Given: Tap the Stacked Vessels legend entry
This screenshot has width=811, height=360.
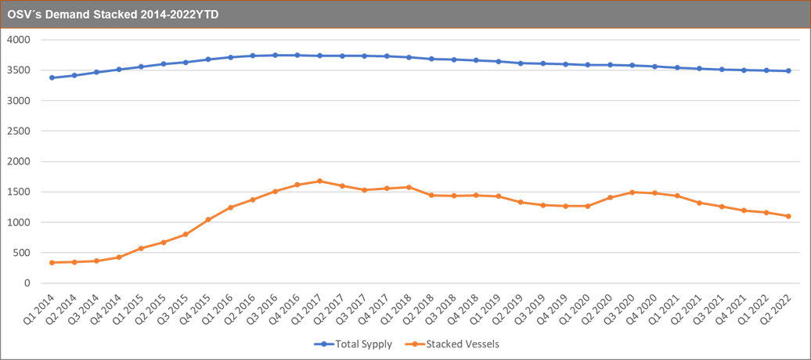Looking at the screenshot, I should click(x=469, y=344).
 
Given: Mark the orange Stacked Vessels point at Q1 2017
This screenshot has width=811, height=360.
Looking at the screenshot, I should click(x=319, y=181).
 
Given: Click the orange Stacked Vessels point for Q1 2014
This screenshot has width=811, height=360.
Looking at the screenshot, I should click(x=52, y=262).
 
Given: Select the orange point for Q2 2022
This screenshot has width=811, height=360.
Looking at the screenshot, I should click(x=788, y=216).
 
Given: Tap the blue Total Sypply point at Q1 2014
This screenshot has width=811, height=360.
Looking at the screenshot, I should click(x=52, y=77).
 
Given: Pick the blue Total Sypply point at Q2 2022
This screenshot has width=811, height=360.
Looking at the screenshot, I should click(x=788, y=71).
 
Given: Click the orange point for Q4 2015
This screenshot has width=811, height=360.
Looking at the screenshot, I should click(x=208, y=219).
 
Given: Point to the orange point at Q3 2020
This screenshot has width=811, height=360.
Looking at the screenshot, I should click(x=632, y=193).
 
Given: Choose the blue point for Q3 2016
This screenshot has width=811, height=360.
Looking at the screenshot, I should click(x=275, y=56).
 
